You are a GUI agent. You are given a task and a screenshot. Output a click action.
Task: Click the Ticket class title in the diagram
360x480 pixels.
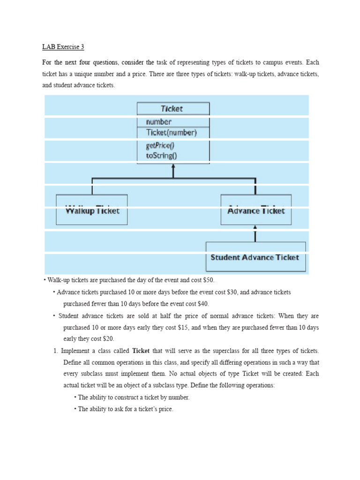(172, 109)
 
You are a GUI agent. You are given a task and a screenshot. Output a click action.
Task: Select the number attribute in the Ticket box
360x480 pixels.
(159, 122)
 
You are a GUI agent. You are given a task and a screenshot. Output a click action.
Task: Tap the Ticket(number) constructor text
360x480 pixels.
(172, 133)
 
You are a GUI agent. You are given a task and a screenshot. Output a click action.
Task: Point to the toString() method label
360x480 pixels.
(162, 155)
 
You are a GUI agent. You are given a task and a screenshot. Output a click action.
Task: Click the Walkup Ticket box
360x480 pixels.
(92, 210)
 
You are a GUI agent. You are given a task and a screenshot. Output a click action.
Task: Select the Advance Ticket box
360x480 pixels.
(256, 210)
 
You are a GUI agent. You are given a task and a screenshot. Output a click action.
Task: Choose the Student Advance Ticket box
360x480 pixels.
(255, 257)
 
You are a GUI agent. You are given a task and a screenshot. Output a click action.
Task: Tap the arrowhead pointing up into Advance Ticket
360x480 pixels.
(255, 228)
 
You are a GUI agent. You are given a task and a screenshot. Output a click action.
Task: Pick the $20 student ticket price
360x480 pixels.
(107, 338)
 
